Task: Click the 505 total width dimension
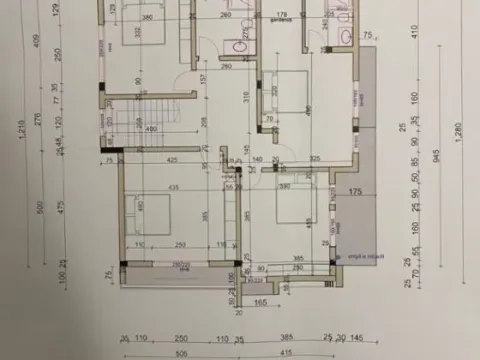[180, 353]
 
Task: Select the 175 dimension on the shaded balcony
[355, 190]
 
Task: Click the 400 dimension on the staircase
[151, 129]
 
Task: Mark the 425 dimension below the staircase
[173, 159]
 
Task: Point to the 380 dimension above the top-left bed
[147, 18]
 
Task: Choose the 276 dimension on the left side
[37, 118]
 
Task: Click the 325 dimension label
[315, 159]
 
